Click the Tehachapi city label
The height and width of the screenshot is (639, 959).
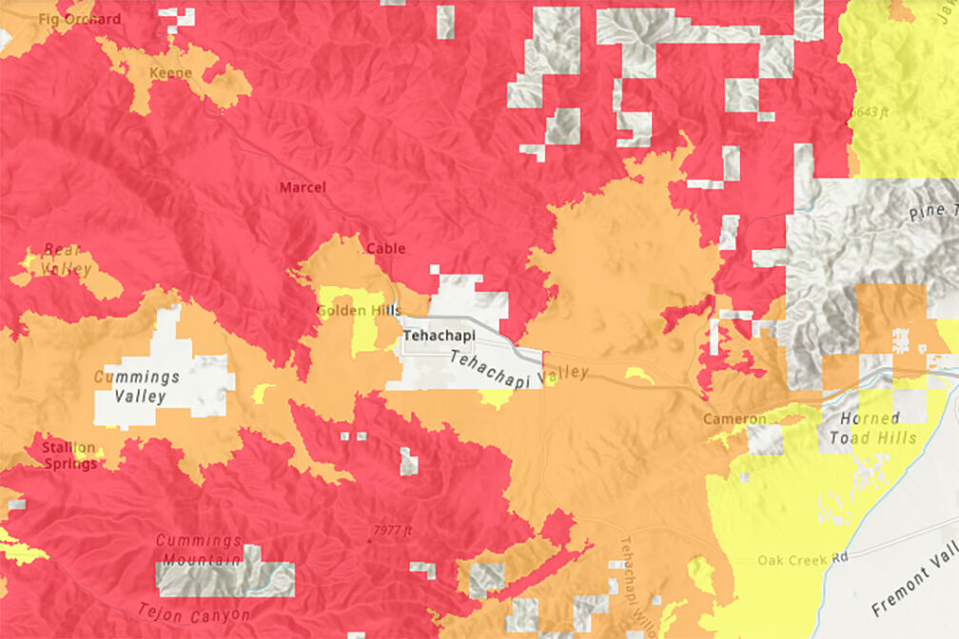(x=439, y=336)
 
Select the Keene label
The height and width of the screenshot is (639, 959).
(x=170, y=73)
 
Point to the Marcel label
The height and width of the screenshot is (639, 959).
(x=303, y=187)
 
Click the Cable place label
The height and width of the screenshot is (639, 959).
(x=385, y=248)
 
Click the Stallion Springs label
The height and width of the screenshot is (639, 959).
(x=68, y=455)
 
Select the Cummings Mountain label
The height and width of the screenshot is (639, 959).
(x=199, y=550)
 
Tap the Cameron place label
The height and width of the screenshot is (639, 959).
(x=734, y=419)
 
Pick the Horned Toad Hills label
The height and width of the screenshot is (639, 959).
(x=878, y=428)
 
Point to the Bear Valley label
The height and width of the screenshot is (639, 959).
(x=67, y=260)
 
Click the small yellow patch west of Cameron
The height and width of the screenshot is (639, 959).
(x=638, y=376)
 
